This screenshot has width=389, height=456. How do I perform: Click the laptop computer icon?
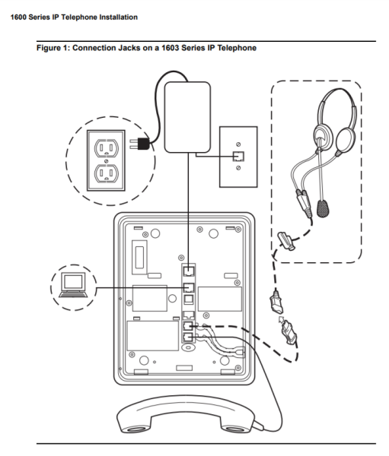(73, 285)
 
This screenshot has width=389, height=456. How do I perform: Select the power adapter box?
(188, 114)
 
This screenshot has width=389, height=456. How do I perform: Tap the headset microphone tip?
(324, 206)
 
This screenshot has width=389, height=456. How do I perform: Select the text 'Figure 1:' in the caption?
(54, 48)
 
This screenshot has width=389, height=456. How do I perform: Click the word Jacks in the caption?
(126, 48)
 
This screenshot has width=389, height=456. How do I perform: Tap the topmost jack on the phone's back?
(189, 270)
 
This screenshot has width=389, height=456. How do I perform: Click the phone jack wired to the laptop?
(189, 287)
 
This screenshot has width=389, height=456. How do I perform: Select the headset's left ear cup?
(323, 135)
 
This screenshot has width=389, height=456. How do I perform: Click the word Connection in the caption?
(93, 48)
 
